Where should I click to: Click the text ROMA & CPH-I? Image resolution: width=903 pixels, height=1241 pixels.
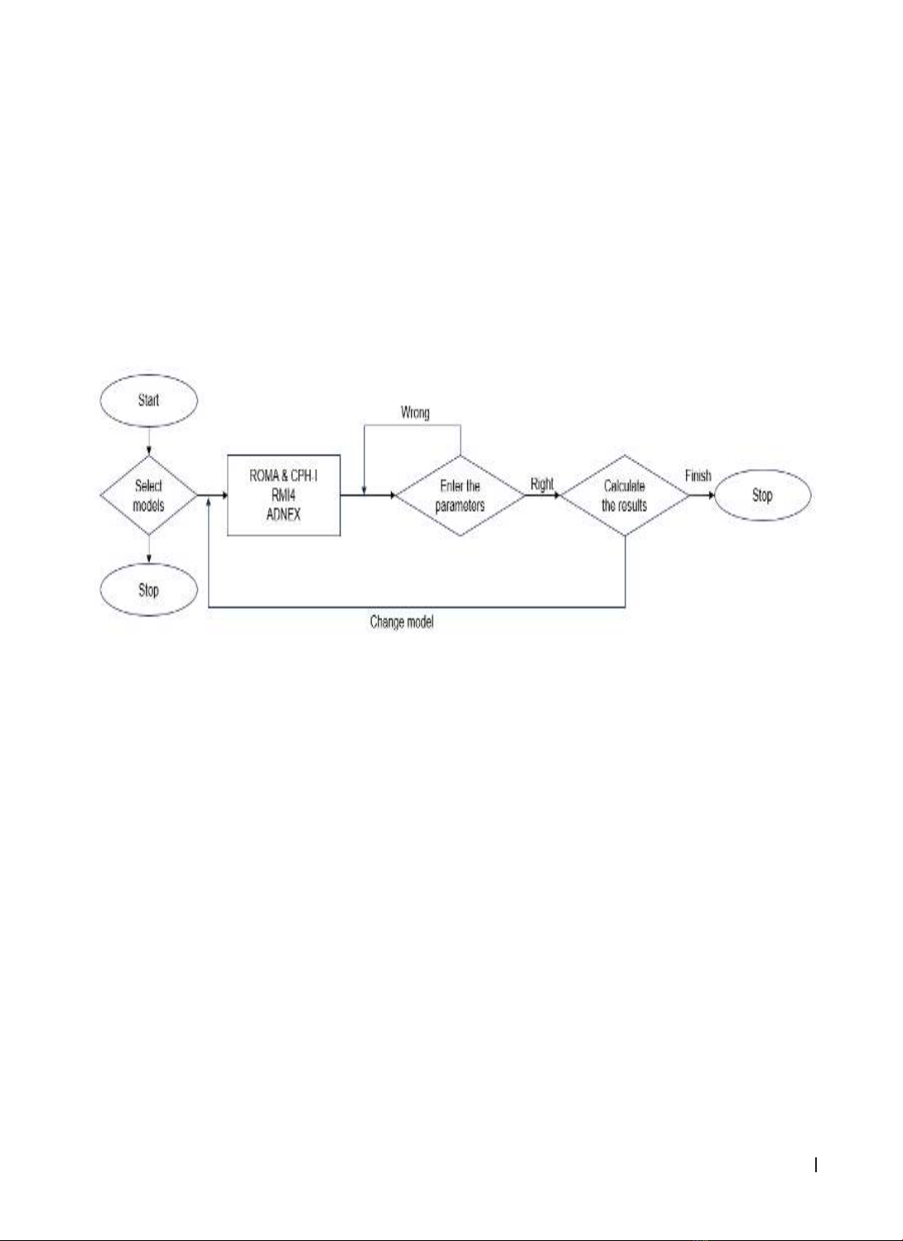pyautogui.click(x=283, y=476)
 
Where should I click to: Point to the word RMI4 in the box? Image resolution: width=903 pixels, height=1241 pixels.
pyautogui.click(x=283, y=495)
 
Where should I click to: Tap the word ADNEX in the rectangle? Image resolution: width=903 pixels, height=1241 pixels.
pyautogui.click(x=283, y=514)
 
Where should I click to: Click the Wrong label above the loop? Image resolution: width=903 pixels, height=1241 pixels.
pyautogui.click(x=415, y=413)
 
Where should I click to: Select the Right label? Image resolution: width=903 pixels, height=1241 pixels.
pyautogui.click(x=542, y=484)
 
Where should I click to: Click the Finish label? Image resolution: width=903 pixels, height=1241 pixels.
pyautogui.click(x=698, y=476)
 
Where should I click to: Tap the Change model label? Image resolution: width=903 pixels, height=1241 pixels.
pyautogui.click(x=402, y=621)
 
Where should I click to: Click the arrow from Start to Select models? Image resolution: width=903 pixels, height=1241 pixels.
pyautogui.click(x=148, y=441)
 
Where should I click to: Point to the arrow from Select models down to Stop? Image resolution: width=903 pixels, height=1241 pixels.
pyautogui.click(x=148, y=549)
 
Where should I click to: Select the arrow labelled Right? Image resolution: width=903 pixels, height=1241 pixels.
pyautogui.click(x=543, y=495)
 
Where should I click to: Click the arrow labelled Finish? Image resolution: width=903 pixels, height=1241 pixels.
pyautogui.click(x=703, y=495)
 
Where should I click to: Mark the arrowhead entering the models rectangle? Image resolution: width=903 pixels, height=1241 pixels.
pyautogui.click(x=225, y=495)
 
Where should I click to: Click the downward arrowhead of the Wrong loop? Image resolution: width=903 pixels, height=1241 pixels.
pyautogui.click(x=364, y=491)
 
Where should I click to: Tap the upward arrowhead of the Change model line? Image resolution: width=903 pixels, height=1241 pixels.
pyautogui.click(x=208, y=500)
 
